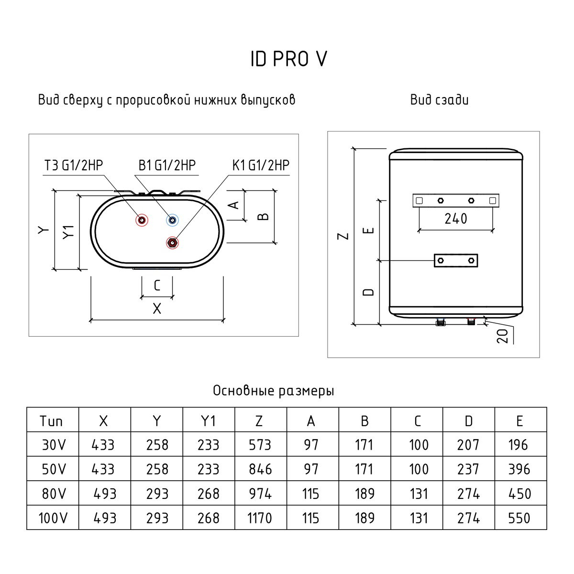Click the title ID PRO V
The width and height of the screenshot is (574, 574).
click(289, 59)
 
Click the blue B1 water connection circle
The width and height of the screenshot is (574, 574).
click(172, 220)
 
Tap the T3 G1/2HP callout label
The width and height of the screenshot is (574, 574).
click(74, 166)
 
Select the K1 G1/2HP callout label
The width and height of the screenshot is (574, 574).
click(261, 166)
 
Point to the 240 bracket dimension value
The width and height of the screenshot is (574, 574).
click(455, 219)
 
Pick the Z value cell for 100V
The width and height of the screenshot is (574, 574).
click(260, 518)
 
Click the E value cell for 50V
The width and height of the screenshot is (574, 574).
click(519, 469)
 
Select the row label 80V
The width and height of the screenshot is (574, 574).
click(52, 494)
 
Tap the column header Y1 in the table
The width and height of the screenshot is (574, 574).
click(208, 421)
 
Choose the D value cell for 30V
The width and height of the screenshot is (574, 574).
click(468, 445)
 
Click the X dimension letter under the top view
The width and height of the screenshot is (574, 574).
click(157, 309)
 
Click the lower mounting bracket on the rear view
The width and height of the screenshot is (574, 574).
click(456, 260)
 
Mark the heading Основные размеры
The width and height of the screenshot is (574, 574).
click(274, 391)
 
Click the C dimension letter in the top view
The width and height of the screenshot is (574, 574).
click(157, 286)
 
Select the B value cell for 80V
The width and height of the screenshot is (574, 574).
click(364, 494)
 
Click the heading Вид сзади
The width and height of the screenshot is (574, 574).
click(439, 100)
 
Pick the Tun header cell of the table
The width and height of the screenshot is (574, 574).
click(52, 421)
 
